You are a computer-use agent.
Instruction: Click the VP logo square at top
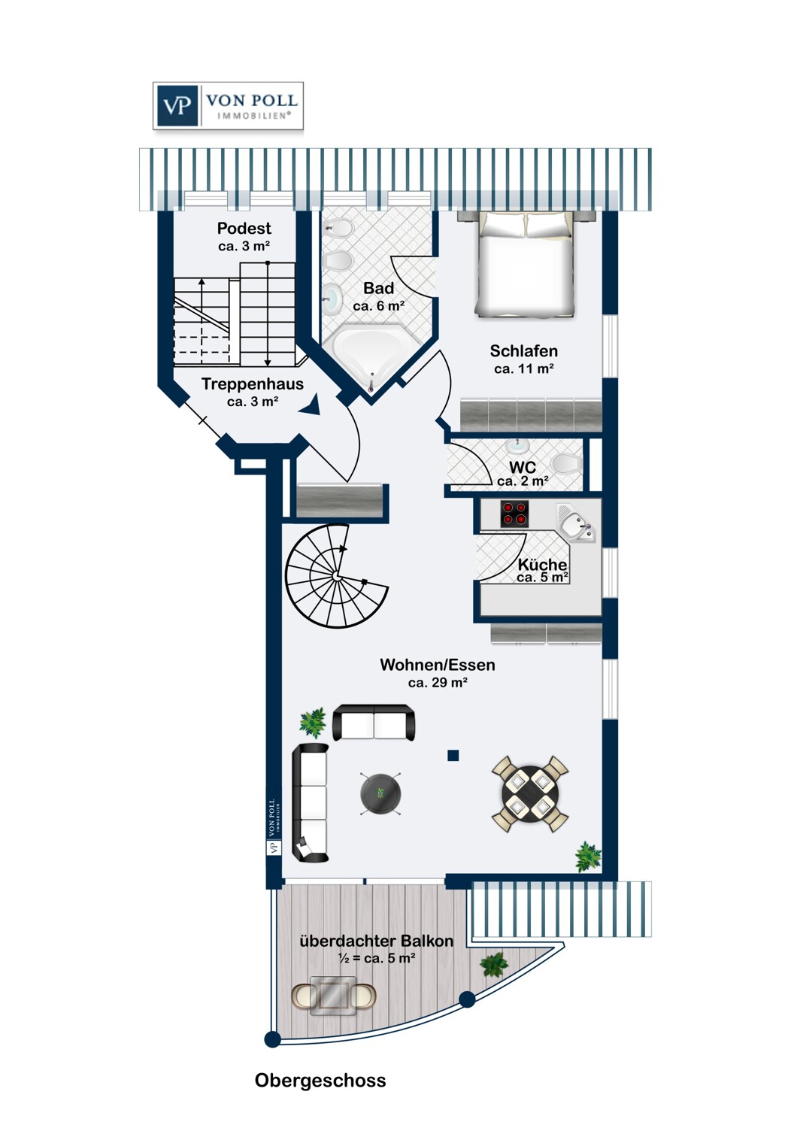click(177, 106)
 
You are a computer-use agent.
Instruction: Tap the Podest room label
click(244, 228)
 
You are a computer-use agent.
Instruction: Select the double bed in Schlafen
click(525, 265)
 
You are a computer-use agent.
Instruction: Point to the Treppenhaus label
click(253, 384)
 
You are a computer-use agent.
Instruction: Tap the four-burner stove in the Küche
click(514, 514)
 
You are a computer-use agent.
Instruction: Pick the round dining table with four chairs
click(530, 795)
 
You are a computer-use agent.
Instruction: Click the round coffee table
click(380, 793)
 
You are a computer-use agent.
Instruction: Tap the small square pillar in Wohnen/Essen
click(453, 755)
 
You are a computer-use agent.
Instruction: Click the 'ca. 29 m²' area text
click(438, 683)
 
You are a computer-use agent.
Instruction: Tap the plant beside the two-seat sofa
click(313, 723)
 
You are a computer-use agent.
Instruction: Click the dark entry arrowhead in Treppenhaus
click(310, 405)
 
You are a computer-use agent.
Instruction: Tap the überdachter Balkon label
click(377, 941)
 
